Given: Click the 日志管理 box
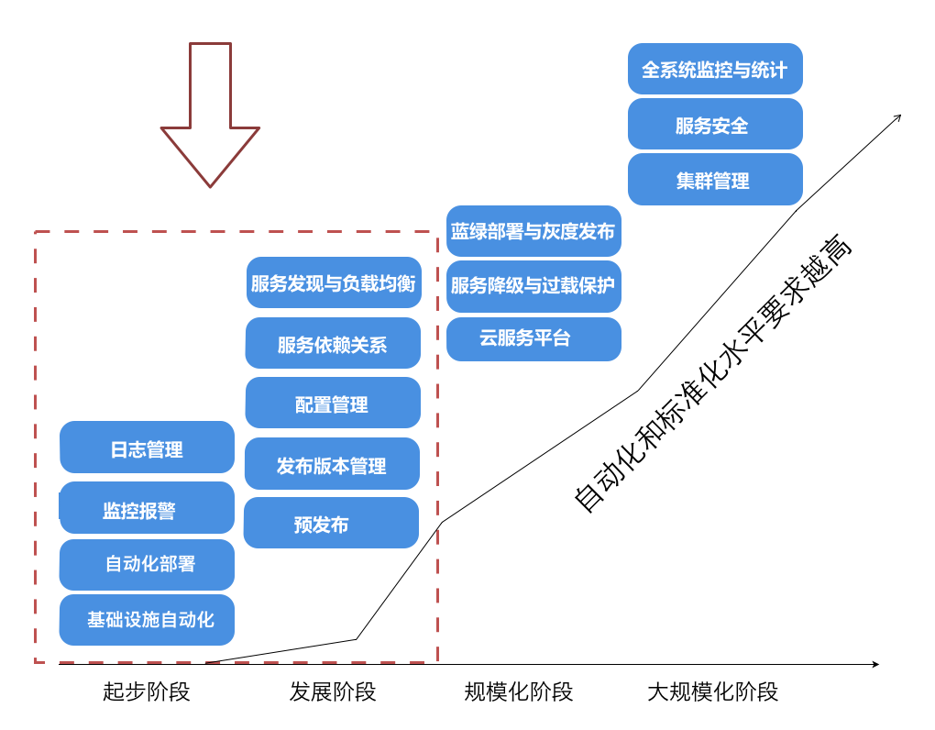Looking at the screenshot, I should click(x=147, y=448).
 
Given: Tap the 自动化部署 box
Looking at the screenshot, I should click(x=147, y=564).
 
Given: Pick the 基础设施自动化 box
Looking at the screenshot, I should click(x=147, y=620).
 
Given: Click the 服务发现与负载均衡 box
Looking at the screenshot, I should click(x=334, y=282).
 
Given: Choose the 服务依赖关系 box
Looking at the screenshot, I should click(x=333, y=343).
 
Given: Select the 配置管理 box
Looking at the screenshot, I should click(x=333, y=403).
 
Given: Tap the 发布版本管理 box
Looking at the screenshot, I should click(x=332, y=464).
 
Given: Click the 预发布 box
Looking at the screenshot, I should click(x=331, y=523).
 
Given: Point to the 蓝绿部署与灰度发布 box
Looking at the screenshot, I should click(x=533, y=231).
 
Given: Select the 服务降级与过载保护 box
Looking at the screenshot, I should click(x=533, y=286).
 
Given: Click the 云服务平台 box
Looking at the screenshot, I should click(x=533, y=338).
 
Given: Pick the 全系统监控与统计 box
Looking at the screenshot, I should click(x=715, y=69).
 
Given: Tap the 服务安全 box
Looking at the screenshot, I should click(x=715, y=124).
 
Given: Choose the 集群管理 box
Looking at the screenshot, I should click(x=715, y=180).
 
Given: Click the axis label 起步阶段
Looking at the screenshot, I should click(x=147, y=691).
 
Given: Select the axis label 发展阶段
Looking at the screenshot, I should click(x=333, y=691).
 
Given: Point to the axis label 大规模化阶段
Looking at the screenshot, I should click(x=712, y=691).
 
